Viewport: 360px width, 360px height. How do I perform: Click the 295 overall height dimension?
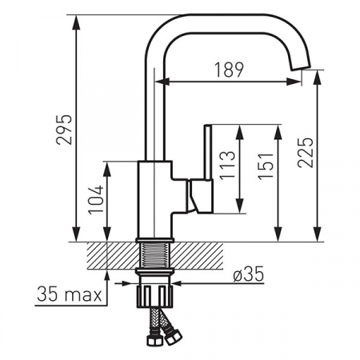point(64,130)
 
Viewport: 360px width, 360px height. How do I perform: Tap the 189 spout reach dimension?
point(230,70)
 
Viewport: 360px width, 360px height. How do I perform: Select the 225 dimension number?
point(305,153)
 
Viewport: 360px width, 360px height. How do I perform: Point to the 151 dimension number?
point(266,166)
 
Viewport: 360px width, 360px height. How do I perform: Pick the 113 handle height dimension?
point(227,165)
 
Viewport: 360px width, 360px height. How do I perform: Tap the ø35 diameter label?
point(248,274)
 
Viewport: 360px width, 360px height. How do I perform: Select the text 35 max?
point(70,294)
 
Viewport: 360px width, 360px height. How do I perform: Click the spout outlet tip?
point(301,68)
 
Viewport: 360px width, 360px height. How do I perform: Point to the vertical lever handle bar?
point(208,152)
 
